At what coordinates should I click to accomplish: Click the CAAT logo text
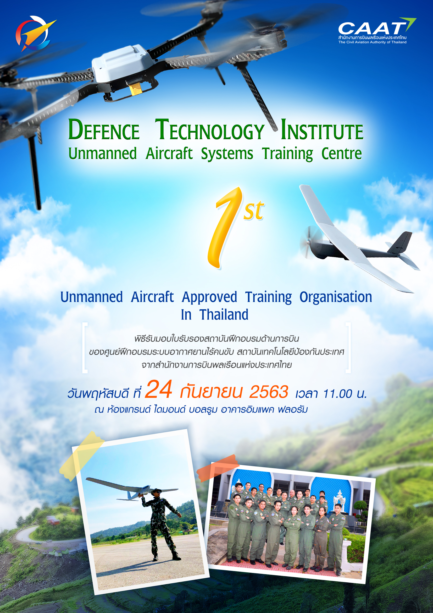point(372,28)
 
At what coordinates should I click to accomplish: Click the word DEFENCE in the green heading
point(104,130)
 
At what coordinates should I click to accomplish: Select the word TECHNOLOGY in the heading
point(210,130)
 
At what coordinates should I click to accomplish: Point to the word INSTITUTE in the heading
point(322,130)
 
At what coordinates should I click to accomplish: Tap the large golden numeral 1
point(224,230)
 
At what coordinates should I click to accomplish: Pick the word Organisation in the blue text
point(335,297)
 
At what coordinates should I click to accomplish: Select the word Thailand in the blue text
point(224,314)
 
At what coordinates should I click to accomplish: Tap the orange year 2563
point(269,392)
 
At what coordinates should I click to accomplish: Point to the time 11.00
point(337,394)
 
